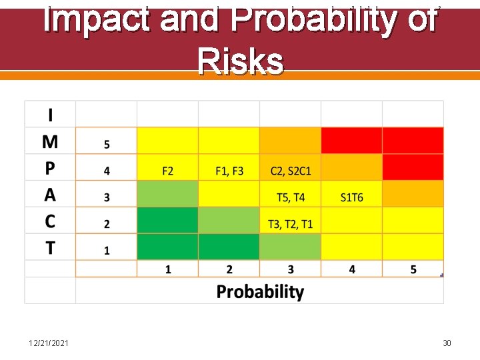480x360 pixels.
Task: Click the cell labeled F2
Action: (x=167, y=171)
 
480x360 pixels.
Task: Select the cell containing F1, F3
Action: (x=229, y=171)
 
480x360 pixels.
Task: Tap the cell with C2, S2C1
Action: (x=290, y=171)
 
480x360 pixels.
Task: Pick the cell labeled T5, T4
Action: (x=290, y=197)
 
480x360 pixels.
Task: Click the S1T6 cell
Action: (x=351, y=197)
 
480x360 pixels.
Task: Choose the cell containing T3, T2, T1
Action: (x=290, y=224)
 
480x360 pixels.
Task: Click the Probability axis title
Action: (x=260, y=292)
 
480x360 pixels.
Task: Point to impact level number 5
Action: (x=107, y=144)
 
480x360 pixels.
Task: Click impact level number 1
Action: (x=107, y=251)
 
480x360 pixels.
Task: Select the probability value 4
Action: (x=351, y=269)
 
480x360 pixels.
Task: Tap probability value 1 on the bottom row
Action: (x=167, y=269)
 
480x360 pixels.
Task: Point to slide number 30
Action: (x=447, y=343)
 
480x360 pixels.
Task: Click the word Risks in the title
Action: (x=240, y=62)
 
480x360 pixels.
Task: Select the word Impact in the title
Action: (x=97, y=20)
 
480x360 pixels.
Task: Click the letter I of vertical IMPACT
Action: (x=50, y=115)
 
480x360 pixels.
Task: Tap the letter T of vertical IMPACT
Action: (x=50, y=248)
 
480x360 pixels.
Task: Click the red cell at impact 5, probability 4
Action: (x=351, y=141)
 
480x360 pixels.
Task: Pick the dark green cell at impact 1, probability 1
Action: (x=167, y=247)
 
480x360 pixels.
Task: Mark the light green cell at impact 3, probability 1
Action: (x=167, y=194)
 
